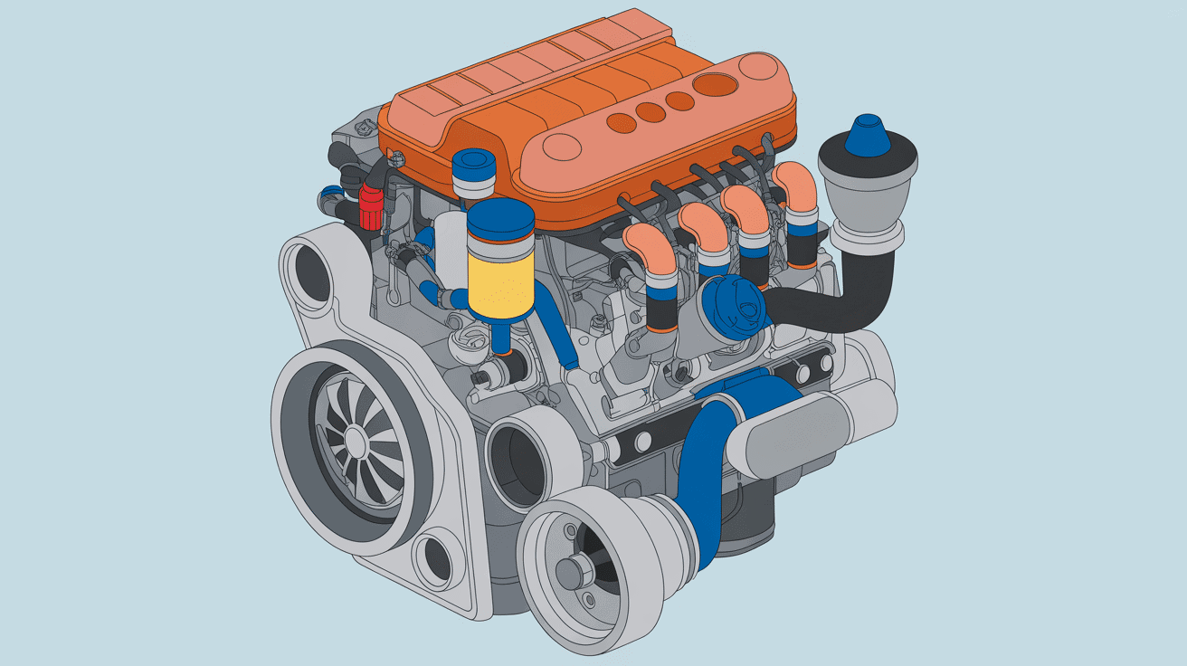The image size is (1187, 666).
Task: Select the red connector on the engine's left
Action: click(x=371, y=207)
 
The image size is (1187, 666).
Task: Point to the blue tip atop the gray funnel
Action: click(x=868, y=134)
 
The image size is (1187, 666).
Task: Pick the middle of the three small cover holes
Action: click(x=649, y=112)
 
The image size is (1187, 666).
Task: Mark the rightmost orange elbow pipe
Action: click(x=795, y=186)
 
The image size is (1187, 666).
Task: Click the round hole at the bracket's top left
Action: click(x=308, y=271)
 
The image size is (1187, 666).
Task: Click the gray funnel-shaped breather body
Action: click(x=867, y=186)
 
